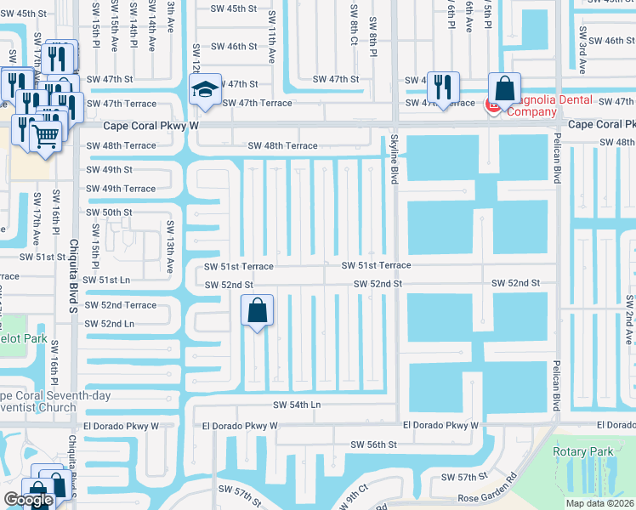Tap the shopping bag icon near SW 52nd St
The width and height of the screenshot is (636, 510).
tap(258, 311)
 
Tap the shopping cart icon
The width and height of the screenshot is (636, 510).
tap(46, 135)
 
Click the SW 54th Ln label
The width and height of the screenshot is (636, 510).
tap(297, 405)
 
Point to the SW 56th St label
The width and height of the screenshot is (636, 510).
tap(375, 445)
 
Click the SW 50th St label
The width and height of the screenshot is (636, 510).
tap(109, 212)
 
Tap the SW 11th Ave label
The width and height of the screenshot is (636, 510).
tap(272, 44)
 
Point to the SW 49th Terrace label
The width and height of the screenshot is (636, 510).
tap(121, 189)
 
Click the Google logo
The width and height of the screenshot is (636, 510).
tap(28, 501)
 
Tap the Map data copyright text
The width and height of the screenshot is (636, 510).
tap(599, 503)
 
